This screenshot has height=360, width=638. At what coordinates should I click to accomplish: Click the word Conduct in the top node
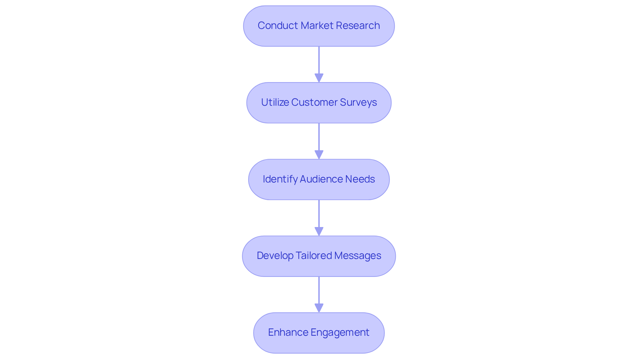tap(278, 26)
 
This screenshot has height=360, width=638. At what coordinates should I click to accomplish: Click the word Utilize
tap(275, 102)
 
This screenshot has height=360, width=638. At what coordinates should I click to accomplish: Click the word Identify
tap(280, 179)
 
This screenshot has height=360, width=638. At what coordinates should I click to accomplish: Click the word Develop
tap(275, 256)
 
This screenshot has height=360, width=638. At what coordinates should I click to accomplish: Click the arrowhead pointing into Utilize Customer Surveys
tap(319, 78)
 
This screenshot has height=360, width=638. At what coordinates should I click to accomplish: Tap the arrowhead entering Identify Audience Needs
tap(319, 155)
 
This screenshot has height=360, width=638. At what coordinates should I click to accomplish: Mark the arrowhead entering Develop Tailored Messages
tap(319, 232)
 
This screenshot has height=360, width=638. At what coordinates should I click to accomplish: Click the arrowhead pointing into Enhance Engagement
tap(319, 308)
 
